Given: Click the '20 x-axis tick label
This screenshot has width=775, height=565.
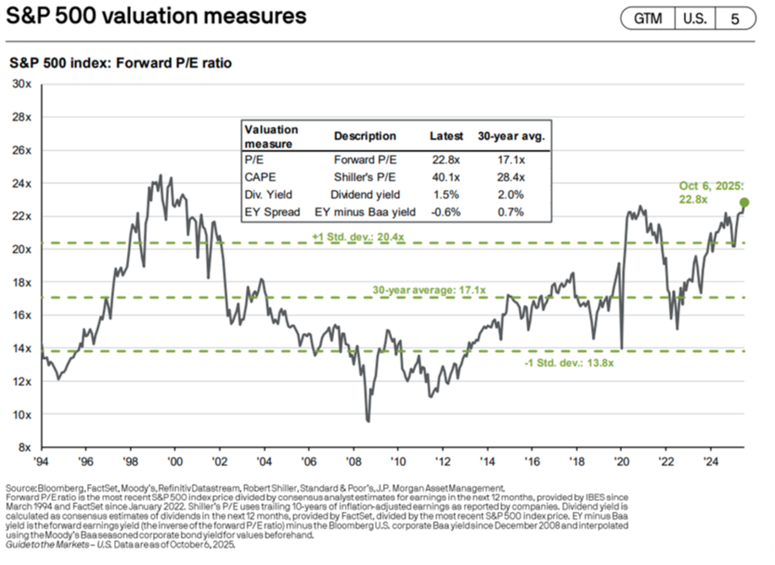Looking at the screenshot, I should coord(620,462).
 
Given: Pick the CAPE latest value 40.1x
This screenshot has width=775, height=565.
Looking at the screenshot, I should coord(445,177).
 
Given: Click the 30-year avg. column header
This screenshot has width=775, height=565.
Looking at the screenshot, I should coord(511,136).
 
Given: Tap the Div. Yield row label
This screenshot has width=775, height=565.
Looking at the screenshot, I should coord(266,194).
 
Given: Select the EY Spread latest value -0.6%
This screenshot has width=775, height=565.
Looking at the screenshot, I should coord(445,211).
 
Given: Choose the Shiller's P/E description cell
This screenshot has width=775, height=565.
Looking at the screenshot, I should coord(364,177).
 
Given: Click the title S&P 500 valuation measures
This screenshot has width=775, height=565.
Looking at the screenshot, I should coord(156,17).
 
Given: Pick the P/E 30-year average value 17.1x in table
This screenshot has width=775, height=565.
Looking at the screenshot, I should coord(511,160).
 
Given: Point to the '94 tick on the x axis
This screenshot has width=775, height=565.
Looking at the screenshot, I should coord(41,462).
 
